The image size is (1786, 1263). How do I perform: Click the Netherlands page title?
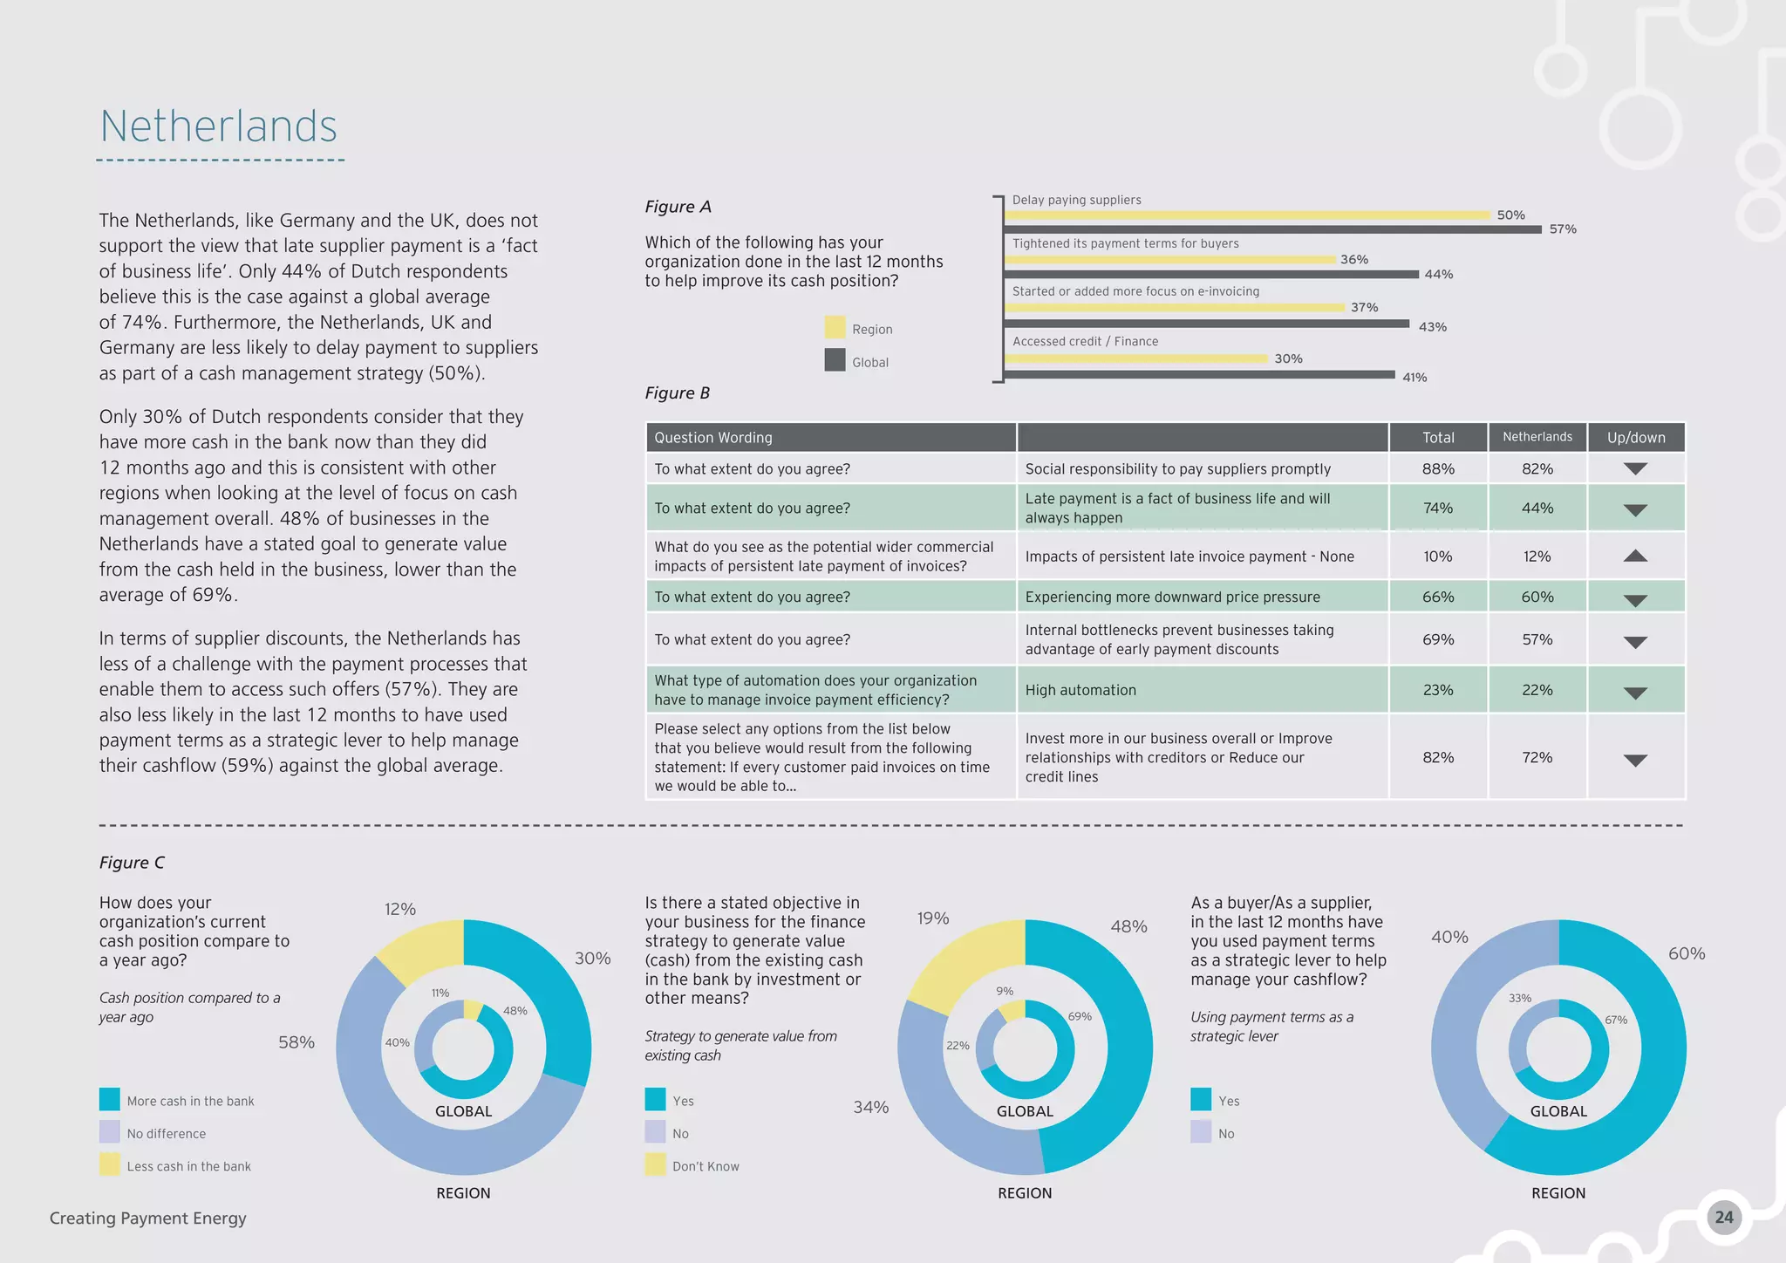[x=218, y=126]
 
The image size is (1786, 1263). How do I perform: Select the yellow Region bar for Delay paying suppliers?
[x=1247, y=215]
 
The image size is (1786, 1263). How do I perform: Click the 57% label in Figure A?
[x=1563, y=229]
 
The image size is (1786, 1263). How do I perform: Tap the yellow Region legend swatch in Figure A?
[x=835, y=328]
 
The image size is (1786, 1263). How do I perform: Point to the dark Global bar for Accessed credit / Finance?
[x=1199, y=375]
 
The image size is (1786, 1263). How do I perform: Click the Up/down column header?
[x=1635, y=437]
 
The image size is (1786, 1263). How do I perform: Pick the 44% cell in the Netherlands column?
[x=1537, y=508]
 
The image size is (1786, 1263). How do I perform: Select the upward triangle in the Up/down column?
[x=1635, y=556]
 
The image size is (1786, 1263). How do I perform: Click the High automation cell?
[x=1080, y=690]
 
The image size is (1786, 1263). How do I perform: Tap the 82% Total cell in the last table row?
[x=1437, y=757]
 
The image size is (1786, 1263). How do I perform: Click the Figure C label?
[x=132, y=863]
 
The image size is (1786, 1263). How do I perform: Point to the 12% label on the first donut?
[x=399, y=909]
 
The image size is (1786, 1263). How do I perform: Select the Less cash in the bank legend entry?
[x=187, y=1166]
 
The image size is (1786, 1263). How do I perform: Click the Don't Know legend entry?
[x=705, y=1166]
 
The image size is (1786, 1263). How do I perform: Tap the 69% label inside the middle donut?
[x=1079, y=1016]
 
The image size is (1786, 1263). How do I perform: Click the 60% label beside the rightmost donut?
[x=1686, y=953]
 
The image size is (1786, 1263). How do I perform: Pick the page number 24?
[x=1723, y=1218]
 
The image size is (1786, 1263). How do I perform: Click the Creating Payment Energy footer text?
[x=147, y=1219]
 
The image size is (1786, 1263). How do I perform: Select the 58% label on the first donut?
[x=296, y=1042]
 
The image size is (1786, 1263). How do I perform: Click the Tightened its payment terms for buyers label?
[x=1125, y=243]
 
